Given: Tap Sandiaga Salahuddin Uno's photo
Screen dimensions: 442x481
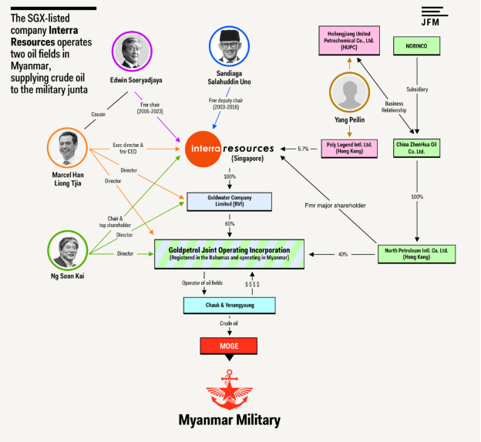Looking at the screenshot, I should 229,47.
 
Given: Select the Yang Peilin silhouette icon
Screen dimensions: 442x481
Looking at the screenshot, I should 349,93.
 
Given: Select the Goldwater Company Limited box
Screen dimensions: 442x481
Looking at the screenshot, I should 230,202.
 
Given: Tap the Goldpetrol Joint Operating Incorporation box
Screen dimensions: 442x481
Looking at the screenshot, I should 230,253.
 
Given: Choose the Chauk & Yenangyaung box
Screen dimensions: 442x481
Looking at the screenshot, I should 230,305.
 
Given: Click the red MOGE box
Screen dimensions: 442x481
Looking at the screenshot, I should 229,346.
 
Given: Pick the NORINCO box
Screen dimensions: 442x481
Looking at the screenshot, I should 416,45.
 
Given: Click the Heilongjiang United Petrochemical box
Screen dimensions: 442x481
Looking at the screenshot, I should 349,41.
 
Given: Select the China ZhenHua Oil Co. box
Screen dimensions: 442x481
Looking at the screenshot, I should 416,148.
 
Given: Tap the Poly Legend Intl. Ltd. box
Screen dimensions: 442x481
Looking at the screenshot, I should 349,148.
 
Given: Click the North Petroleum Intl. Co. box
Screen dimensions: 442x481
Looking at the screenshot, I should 416,253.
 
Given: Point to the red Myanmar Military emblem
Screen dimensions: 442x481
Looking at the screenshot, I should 229,389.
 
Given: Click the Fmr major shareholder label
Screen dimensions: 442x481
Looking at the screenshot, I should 335,206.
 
